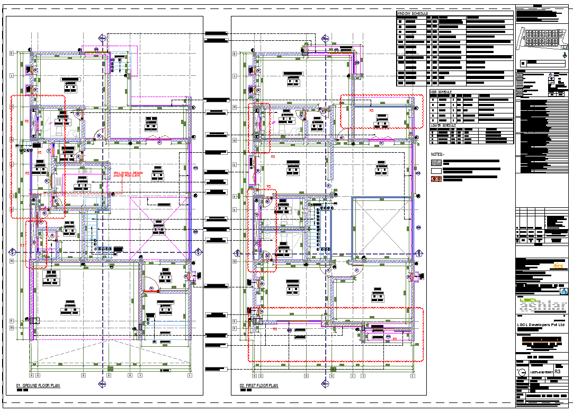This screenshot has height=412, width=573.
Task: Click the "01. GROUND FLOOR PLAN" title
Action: coord(38,385)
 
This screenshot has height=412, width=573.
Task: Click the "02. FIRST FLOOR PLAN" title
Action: coord(259,385)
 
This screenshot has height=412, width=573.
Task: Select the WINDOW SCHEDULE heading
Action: coord(413,13)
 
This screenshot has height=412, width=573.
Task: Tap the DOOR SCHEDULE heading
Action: coord(441,92)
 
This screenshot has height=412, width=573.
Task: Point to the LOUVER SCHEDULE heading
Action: coord(443,126)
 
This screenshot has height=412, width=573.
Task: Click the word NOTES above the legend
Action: coord(437,154)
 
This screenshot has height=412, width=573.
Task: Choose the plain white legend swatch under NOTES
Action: coord(436,171)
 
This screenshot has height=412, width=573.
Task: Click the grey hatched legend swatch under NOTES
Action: coord(436,162)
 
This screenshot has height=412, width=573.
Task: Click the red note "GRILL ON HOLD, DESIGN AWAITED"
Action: coord(128,174)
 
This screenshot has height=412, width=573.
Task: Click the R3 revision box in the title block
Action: coord(558,367)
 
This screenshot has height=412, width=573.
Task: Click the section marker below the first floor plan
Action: coord(324,383)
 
